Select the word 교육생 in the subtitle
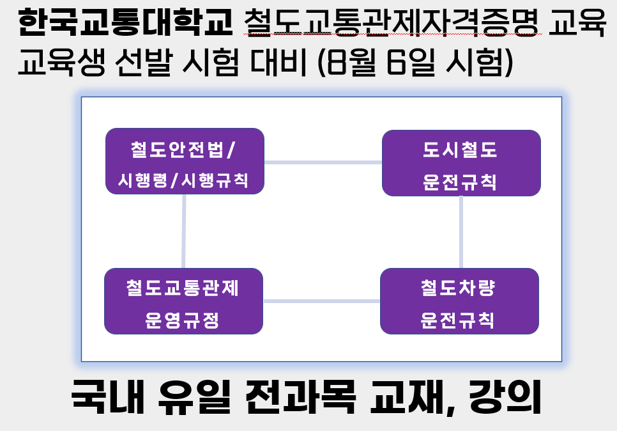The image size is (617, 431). (62, 62)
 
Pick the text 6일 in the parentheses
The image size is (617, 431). (411, 62)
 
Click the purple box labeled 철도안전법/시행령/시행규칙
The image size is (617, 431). (185, 161)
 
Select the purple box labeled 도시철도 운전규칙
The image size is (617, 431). (461, 163)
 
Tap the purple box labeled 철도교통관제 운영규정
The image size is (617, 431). (183, 301)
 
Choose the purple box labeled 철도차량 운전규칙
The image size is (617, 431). (459, 301)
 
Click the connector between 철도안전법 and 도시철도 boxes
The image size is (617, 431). (323, 162)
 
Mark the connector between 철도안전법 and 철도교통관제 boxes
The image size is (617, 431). (184, 231)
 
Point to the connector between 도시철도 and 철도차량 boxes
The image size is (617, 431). (461, 232)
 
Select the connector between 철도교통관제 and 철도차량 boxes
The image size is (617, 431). (321, 301)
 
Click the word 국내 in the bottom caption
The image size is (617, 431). (107, 396)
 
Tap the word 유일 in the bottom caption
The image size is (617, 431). (194, 396)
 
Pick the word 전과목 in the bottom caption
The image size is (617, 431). (300, 396)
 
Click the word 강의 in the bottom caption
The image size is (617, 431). (505, 396)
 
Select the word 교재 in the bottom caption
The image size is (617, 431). (409, 396)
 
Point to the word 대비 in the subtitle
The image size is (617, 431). (278, 62)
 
